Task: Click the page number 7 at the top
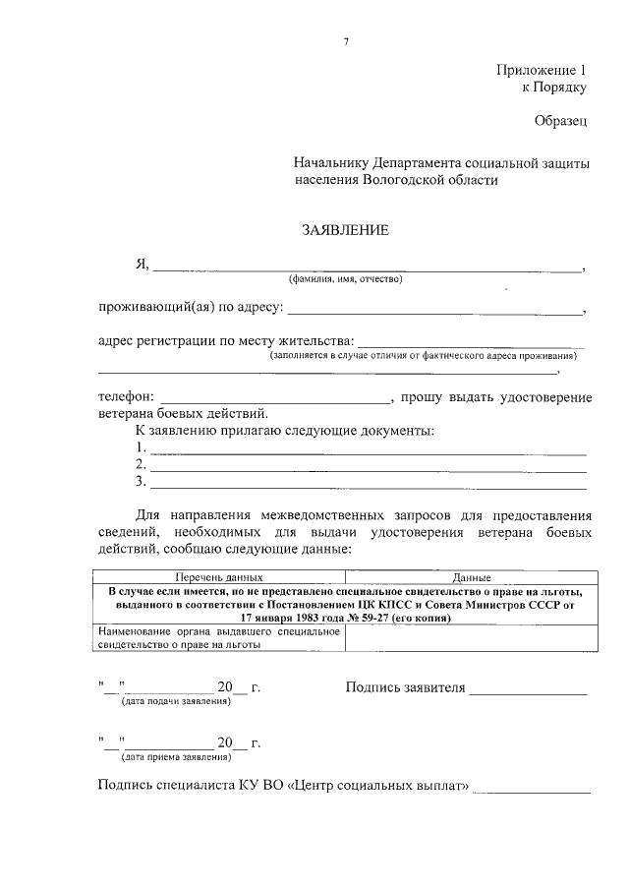click(x=345, y=40)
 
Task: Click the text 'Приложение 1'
click(x=541, y=71)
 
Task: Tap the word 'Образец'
click(x=560, y=121)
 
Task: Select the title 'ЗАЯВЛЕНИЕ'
click(x=345, y=231)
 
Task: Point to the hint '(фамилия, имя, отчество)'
click(x=345, y=279)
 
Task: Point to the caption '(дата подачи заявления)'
click(x=175, y=702)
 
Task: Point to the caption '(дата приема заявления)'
click(x=175, y=757)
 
